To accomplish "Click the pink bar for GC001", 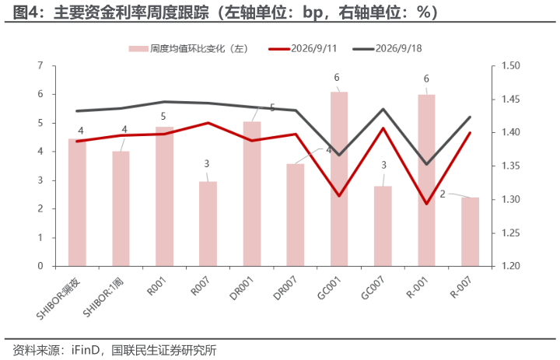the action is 339,179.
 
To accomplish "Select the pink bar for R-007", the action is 470,232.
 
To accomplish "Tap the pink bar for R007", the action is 208,224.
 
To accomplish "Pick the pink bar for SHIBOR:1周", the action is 121,208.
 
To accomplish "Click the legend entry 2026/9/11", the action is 303,48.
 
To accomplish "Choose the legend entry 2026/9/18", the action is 387,48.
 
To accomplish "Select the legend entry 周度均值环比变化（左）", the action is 188,48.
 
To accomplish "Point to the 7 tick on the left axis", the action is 40,65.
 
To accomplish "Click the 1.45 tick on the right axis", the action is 511,99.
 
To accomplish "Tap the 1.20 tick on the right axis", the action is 511,266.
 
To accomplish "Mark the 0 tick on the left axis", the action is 40,266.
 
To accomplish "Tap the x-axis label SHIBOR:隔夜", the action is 58,299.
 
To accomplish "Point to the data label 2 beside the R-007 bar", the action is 443,194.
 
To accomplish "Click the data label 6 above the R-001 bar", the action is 426,79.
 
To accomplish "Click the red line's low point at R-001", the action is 426,204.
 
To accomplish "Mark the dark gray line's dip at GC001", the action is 339,155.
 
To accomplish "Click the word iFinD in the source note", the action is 85,350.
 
